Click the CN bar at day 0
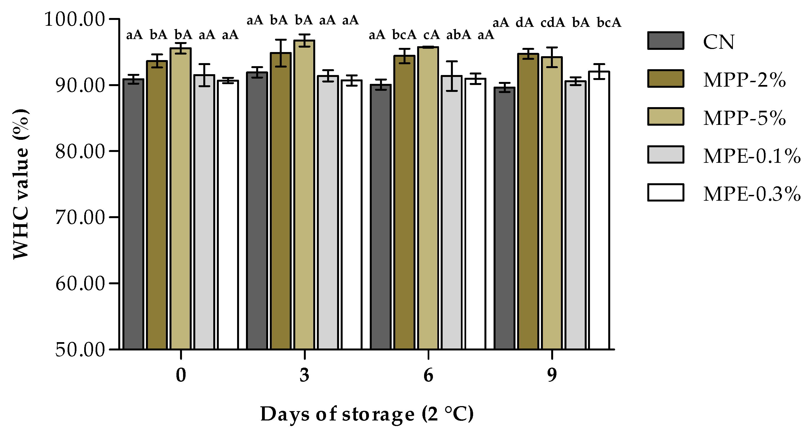tap(133, 214)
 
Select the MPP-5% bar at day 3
tap(304, 195)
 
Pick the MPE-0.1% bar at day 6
tap(452, 212)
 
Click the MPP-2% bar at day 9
tap(528, 201)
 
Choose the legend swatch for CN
tap(666, 41)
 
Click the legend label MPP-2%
tap(745, 80)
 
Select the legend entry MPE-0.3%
tap(752, 194)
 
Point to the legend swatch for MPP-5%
tap(666, 117)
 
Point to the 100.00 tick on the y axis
tap(74, 19)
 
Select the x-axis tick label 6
tap(428, 375)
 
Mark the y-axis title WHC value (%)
tap(21, 184)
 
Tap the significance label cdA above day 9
tap(553, 23)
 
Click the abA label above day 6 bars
tap(458, 35)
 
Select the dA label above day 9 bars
tap(525, 23)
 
